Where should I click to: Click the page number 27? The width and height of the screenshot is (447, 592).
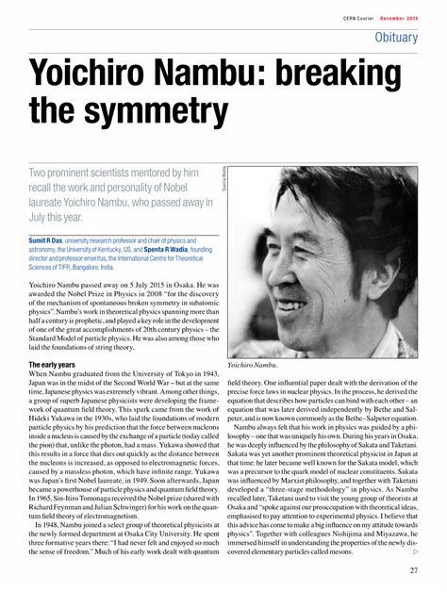(414, 569)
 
